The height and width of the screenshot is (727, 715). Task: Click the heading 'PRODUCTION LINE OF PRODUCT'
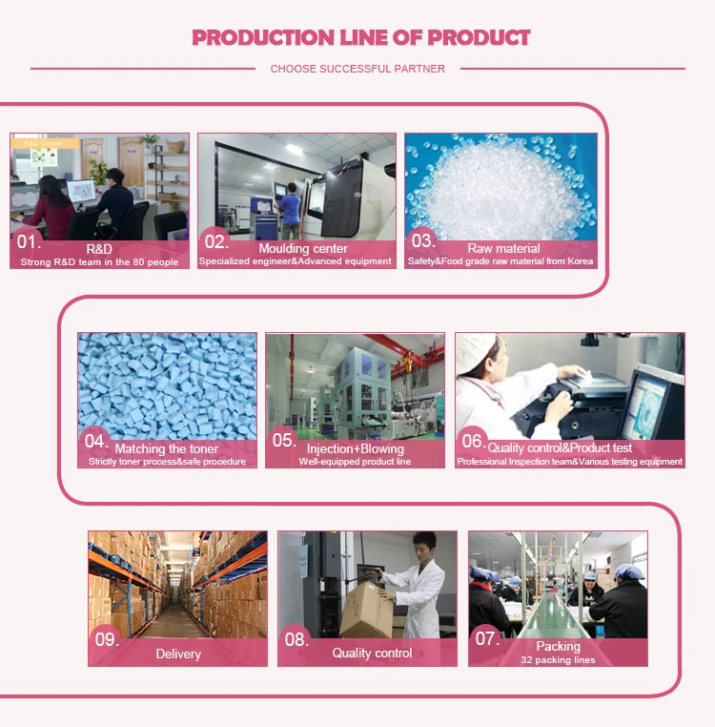pyautogui.click(x=360, y=38)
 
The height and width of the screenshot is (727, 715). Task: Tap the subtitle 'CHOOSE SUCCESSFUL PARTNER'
pyautogui.click(x=357, y=69)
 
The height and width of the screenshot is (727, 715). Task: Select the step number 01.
pyautogui.click(x=30, y=241)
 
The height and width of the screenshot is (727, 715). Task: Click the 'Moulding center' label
pyautogui.click(x=303, y=248)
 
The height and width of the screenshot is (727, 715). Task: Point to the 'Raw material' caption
pyautogui.click(x=503, y=248)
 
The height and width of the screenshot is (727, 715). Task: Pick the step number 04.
pyautogui.click(x=96, y=441)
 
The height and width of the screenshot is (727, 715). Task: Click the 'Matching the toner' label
pyautogui.click(x=166, y=448)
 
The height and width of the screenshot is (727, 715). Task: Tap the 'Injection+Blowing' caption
pyautogui.click(x=355, y=448)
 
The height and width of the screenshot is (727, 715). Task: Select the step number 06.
pyautogui.click(x=473, y=441)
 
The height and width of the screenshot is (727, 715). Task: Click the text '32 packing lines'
pyautogui.click(x=558, y=659)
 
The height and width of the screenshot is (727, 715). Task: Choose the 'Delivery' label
pyautogui.click(x=178, y=654)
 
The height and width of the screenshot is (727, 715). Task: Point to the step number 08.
pyautogui.click(x=297, y=639)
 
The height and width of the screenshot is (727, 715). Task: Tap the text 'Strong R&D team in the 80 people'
pyautogui.click(x=100, y=261)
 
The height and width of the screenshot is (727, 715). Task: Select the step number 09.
pyautogui.click(x=105, y=639)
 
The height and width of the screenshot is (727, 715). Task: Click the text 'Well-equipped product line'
pyautogui.click(x=355, y=462)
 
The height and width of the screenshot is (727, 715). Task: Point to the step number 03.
pyautogui.click(x=422, y=241)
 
